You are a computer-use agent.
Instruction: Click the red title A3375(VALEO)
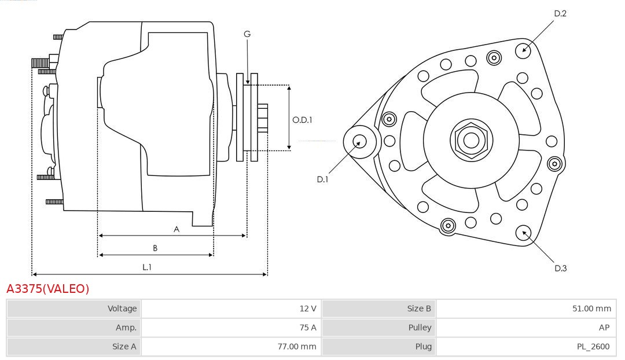[47, 289]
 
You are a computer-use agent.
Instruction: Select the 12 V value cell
[231, 308]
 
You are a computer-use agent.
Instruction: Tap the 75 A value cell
[231, 328]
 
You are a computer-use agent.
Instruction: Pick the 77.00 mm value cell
[231, 347]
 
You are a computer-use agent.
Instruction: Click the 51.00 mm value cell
[527, 308]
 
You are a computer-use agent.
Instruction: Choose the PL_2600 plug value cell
[527, 347]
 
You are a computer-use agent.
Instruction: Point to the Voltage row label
[74, 308]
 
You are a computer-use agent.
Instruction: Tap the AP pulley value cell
[527, 328]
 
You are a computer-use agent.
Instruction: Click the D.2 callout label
[560, 13]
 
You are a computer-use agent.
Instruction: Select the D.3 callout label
[560, 268]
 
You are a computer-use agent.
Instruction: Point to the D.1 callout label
[322, 179]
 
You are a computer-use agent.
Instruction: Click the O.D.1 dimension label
[302, 120]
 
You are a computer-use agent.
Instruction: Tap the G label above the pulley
[247, 34]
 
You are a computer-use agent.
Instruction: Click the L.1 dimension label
[147, 267]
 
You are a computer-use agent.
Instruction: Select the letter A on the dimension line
[177, 229]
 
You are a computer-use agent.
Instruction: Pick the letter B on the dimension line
[155, 248]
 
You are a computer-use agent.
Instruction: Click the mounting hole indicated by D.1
[359, 141]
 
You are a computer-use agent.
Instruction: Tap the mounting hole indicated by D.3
[524, 233]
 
